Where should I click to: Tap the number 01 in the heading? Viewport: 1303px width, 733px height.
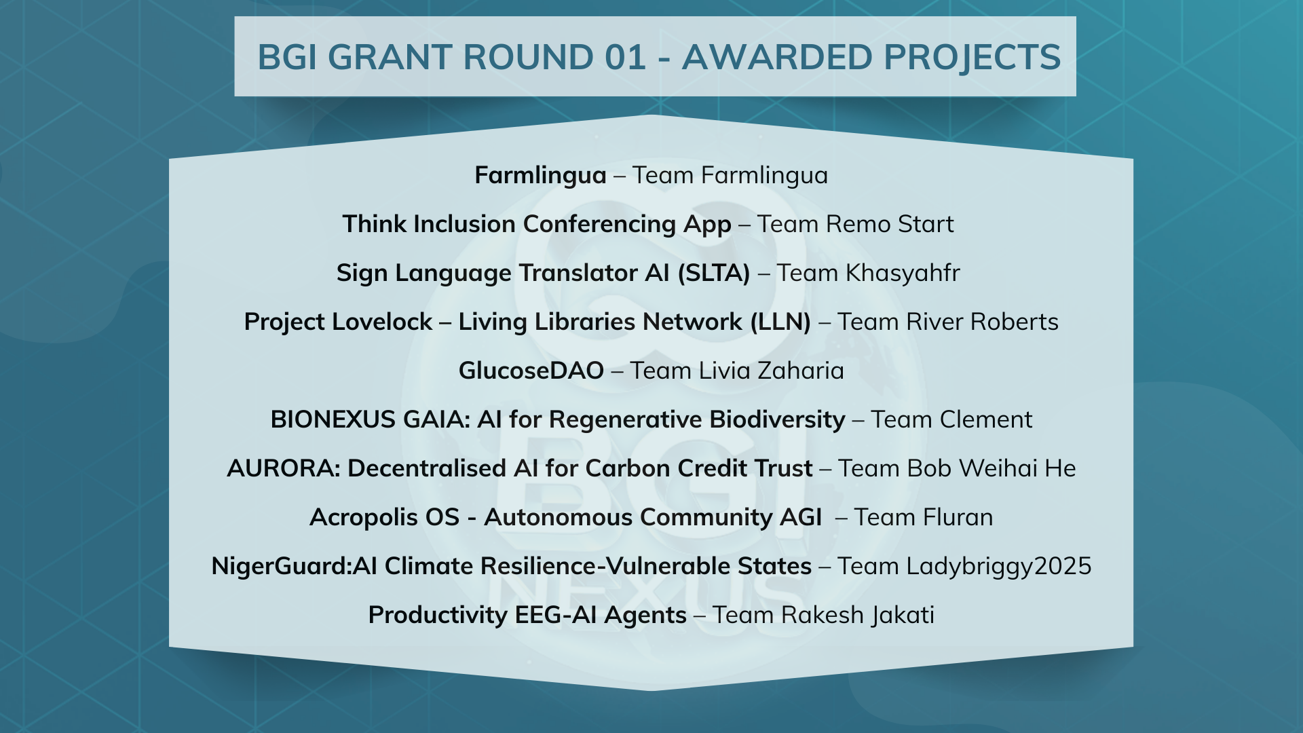(x=624, y=57)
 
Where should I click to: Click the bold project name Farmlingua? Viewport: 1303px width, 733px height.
(x=540, y=175)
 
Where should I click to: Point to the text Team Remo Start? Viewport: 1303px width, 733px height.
(x=855, y=224)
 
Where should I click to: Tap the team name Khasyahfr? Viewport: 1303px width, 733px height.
(x=903, y=273)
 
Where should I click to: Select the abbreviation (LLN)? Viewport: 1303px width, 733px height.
(x=780, y=322)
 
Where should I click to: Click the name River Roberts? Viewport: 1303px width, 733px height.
(x=982, y=322)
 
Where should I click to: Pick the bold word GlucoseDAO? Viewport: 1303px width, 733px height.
(x=531, y=371)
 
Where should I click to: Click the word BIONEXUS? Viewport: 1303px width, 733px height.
(x=333, y=419)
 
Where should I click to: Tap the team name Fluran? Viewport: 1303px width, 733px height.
(x=960, y=517)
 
